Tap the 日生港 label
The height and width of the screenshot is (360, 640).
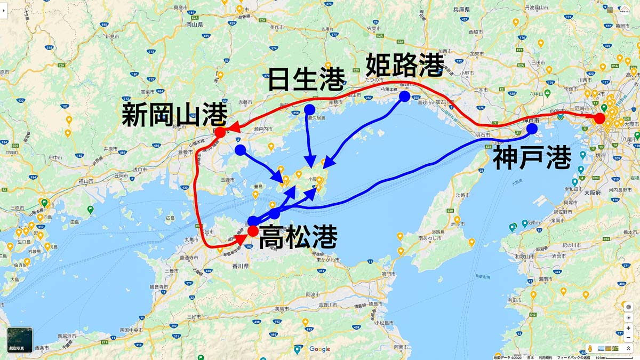pyautogui.click(x=306, y=81)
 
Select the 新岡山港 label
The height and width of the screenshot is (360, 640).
pyautogui.click(x=175, y=115)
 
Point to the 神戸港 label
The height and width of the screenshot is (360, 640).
pyautogui.click(x=532, y=158)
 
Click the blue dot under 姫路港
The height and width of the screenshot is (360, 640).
pyautogui.click(x=404, y=97)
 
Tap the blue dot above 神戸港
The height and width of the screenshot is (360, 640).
pyautogui.click(x=532, y=129)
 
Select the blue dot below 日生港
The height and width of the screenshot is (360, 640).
pyautogui.click(x=309, y=109)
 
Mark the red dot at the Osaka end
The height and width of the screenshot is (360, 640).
pyautogui.click(x=599, y=118)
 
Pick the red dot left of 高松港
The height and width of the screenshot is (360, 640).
pyautogui.click(x=253, y=231)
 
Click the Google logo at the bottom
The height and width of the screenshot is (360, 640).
pyautogui.click(x=319, y=349)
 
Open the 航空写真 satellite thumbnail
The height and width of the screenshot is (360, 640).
pyautogui.click(x=20, y=340)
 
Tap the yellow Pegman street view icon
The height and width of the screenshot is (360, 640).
pyautogui.click(x=590, y=348)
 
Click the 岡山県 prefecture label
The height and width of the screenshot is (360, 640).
pyautogui.click(x=191, y=25)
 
